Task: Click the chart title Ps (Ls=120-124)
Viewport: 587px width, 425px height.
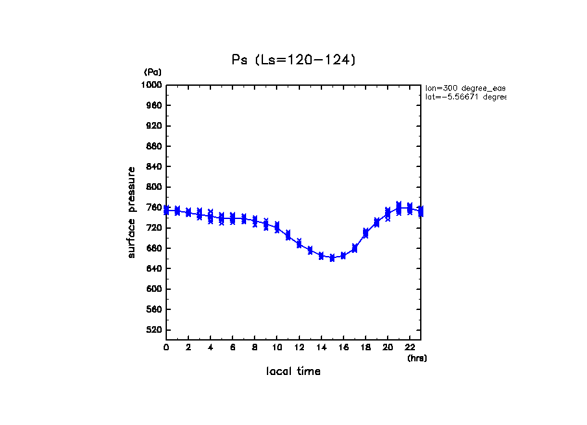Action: click(293, 60)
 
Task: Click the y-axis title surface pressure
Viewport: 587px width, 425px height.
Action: click(132, 212)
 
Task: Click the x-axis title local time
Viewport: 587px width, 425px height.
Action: click(293, 372)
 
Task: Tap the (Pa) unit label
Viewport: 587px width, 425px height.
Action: click(153, 72)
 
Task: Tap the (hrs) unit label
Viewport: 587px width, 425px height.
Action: click(417, 358)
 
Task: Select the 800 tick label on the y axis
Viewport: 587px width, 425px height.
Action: click(153, 187)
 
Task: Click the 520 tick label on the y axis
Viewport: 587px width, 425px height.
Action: click(153, 330)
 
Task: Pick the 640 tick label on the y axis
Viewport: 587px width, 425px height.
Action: click(153, 269)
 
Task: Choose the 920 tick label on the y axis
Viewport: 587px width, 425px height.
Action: click(153, 126)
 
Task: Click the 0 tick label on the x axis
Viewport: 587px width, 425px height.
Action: click(166, 348)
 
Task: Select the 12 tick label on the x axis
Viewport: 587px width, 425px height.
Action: click(299, 348)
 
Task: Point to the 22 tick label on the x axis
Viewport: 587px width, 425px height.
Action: click(410, 348)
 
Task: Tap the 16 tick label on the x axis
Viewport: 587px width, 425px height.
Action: click(343, 348)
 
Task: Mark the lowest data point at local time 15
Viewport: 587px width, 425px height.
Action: click(332, 258)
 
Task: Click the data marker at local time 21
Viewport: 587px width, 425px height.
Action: click(399, 207)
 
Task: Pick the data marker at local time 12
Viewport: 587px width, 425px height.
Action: click(299, 244)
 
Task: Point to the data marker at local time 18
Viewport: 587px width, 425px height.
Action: click(366, 233)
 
